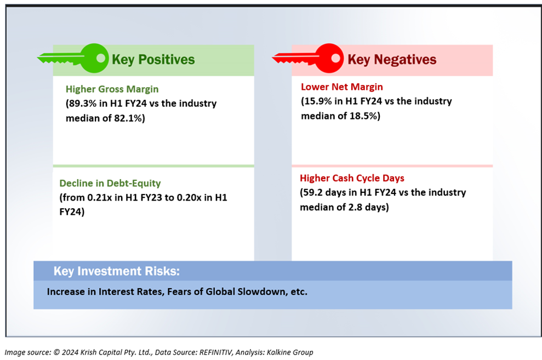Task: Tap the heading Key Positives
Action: (153, 59)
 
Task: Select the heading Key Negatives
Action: (392, 59)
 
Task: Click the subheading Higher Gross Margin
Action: (112, 89)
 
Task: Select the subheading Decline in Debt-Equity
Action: (110, 183)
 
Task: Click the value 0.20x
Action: (189, 197)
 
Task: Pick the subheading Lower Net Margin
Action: (342, 87)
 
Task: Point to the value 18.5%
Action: (363, 116)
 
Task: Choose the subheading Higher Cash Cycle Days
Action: (352, 178)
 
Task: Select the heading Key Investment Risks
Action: (117, 271)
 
